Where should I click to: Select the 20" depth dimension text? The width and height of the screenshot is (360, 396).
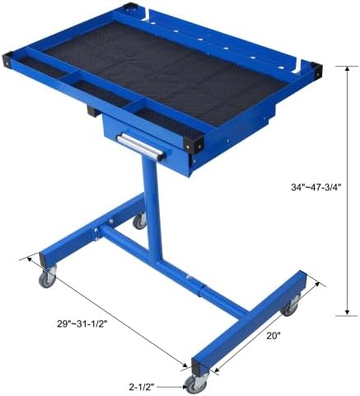[274, 335]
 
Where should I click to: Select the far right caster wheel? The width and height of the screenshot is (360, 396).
[291, 308]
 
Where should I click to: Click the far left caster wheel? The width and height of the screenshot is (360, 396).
[47, 278]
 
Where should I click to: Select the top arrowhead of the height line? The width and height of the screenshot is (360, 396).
[347, 69]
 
